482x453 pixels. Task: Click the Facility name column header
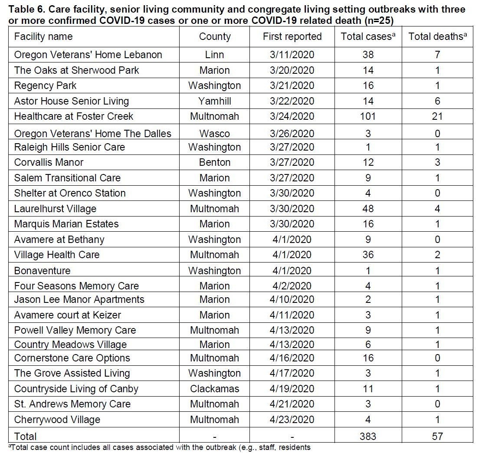coord(43,36)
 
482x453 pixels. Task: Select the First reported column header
coord(292,36)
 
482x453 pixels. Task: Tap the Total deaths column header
coord(437,36)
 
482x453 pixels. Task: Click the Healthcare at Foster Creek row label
coord(74,116)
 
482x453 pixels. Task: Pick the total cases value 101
coord(368,116)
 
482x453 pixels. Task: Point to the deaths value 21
coord(437,116)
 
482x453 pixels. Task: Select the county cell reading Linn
coord(214,55)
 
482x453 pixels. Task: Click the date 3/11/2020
coord(292,55)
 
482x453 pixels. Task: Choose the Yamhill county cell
coord(214,101)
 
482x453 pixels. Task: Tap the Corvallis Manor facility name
coord(49,162)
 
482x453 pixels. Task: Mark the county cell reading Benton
coord(214,162)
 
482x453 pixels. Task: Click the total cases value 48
coord(368,209)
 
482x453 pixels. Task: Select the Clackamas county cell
coord(214,389)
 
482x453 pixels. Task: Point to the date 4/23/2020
coord(292,420)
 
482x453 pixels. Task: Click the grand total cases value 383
coord(368,436)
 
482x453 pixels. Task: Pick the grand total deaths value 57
coord(437,436)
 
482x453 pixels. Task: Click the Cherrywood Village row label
coord(57,420)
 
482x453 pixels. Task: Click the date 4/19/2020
coord(292,389)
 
